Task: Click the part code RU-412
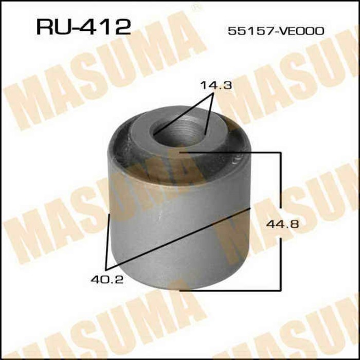pos(83,26)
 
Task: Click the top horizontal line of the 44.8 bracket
pos(231,152)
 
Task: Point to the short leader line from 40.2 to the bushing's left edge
pos(107,242)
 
